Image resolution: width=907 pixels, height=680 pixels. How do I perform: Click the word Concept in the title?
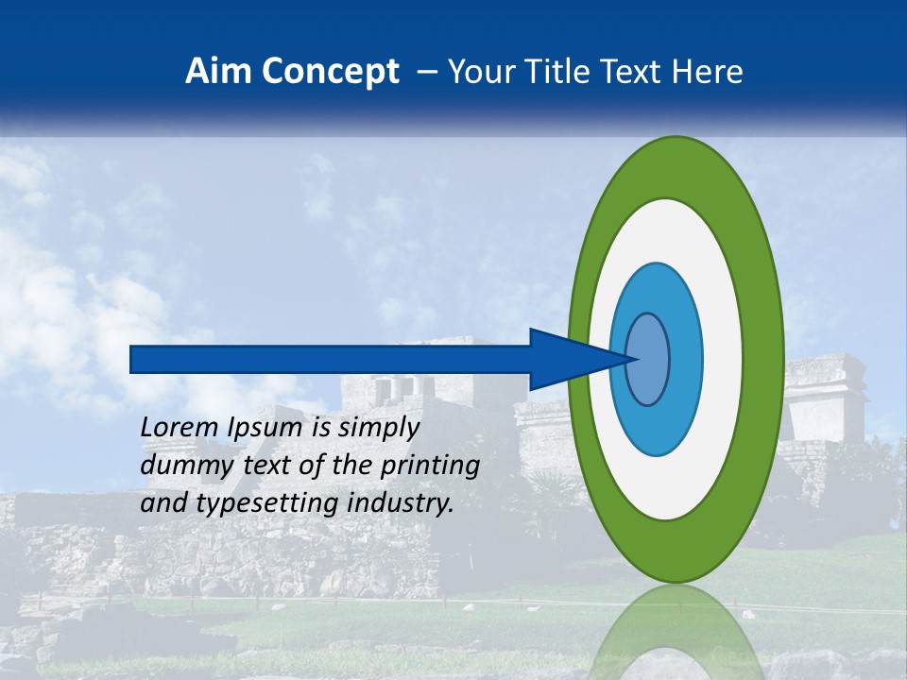coord(330,71)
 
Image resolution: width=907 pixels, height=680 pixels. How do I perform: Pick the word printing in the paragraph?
coord(429,466)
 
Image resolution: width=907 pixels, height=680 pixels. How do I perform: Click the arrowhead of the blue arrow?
coord(576,359)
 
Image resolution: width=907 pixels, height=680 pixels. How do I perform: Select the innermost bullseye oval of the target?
coord(649,359)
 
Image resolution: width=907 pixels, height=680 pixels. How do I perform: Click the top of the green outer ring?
coord(676,166)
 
